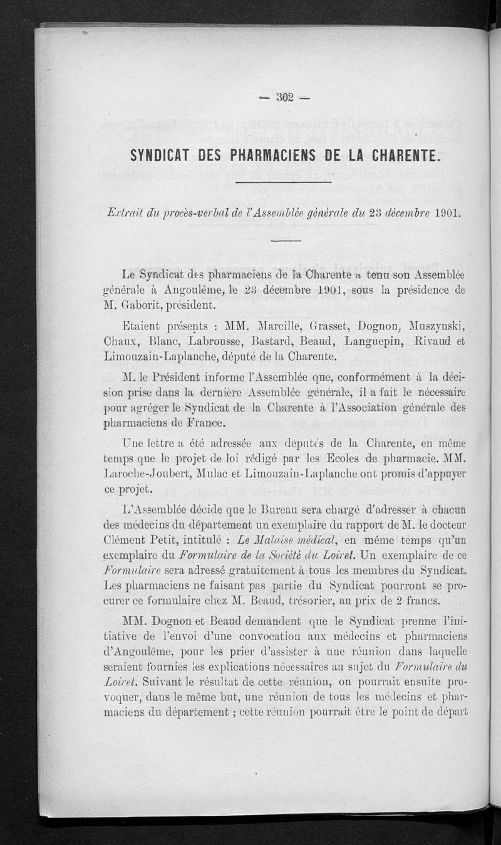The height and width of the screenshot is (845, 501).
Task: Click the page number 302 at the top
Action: pyautogui.click(x=285, y=97)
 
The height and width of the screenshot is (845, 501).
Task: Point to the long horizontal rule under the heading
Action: pyautogui.click(x=285, y=182)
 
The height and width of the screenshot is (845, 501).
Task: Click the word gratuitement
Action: pyautogui.click(x=276, y=570)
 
